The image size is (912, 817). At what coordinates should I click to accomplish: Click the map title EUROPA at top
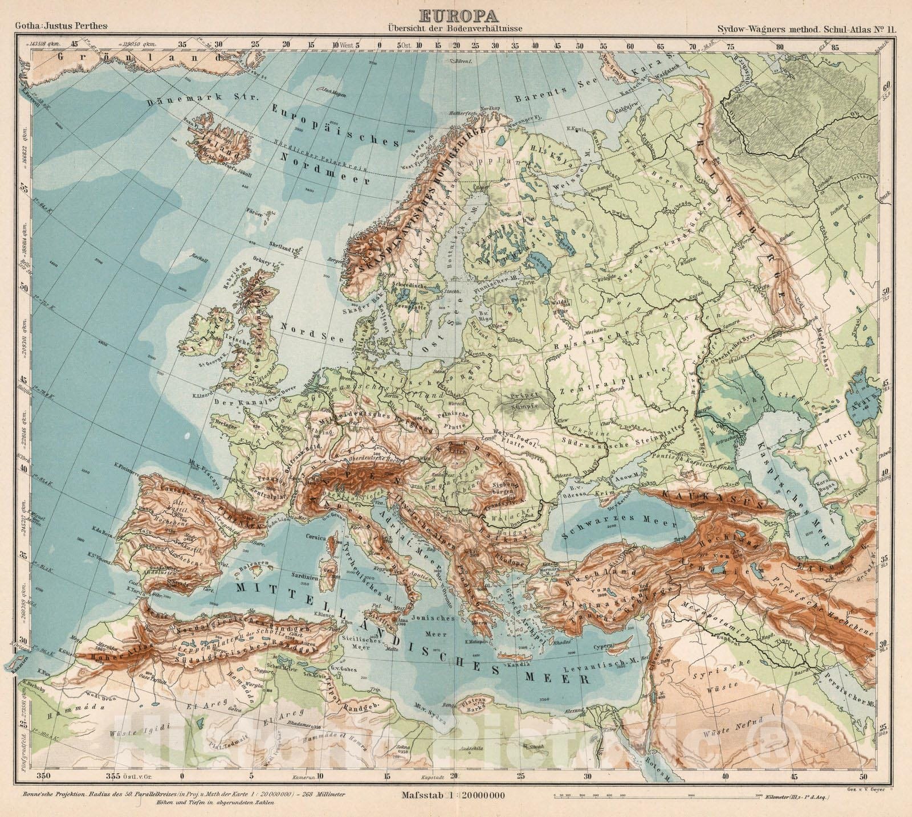tap(456, 17)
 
